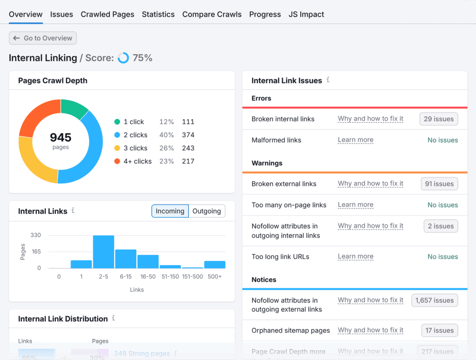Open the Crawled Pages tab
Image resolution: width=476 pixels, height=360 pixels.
(x=107, y=14)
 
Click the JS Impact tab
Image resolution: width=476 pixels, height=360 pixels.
(x=306, y=14)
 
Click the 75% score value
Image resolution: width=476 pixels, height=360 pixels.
(x=142, y=58)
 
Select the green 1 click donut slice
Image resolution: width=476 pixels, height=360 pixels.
(x=74, y=108)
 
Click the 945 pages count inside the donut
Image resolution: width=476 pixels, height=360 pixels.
(x=60, y=138)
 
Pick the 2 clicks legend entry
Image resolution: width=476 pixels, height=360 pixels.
(x=135, y=135)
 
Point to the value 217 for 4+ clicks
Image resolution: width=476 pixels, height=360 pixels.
(x=188, y=161)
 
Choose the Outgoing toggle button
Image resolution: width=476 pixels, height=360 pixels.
(x=206, y=211)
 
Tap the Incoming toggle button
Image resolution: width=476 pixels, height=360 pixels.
(x=170, y=211)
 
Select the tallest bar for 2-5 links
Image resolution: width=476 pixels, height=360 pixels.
(x=103, y=252)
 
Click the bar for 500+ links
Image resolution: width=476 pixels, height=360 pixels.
(x=215, y=264)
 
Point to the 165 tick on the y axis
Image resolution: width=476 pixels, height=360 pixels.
(x=36, y=252)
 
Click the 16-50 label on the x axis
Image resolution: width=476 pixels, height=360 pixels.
(x=148, y=276)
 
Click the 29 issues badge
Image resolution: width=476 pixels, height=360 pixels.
(x=438, y=119)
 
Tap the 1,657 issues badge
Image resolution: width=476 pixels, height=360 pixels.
(x=435, y=301)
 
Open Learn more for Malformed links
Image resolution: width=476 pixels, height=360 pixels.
(x=355, y=140)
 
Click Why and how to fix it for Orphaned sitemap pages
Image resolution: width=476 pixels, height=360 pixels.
(x=370, y=330)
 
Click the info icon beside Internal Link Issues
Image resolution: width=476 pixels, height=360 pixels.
(x=328, y=80)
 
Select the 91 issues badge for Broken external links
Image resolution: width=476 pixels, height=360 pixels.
(x=439, y=184)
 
